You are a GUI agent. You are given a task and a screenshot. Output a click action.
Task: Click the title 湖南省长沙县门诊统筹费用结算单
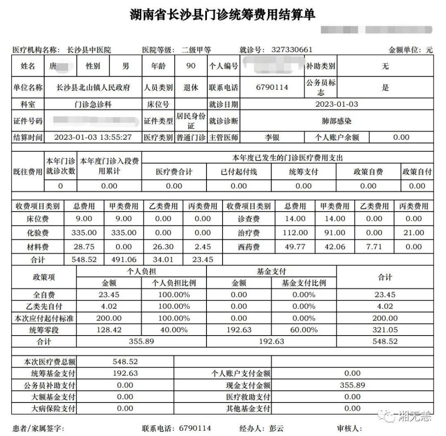tap(223, 14)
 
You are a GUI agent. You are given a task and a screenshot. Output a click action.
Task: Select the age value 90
tap(191, 66)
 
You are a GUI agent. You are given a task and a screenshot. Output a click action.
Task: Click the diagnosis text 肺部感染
tap(336, 121)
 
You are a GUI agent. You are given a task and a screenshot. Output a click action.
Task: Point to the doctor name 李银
tap(272, 137)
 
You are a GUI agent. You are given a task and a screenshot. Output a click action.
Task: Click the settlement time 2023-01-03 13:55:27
tap(93, 137)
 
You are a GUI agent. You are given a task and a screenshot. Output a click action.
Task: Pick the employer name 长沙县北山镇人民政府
tap(93, 88)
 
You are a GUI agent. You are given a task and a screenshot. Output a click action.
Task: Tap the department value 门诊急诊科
tap(93, 104)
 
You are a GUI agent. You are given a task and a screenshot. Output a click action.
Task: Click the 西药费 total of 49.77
tap(295, 246)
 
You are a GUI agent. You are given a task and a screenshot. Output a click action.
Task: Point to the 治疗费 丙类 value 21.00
tap(413, 233)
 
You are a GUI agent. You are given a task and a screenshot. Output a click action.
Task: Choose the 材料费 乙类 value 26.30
tap(163, 246)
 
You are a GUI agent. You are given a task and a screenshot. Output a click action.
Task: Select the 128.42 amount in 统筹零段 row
tap(109, 330)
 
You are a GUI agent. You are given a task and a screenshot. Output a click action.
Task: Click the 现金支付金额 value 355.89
tap(352, 385)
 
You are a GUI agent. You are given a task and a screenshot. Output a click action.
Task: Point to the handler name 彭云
tap(276, 428)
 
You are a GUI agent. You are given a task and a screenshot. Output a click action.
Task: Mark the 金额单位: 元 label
tap(410, 50)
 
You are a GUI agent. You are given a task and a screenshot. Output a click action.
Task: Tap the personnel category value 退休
tap(191, 88)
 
